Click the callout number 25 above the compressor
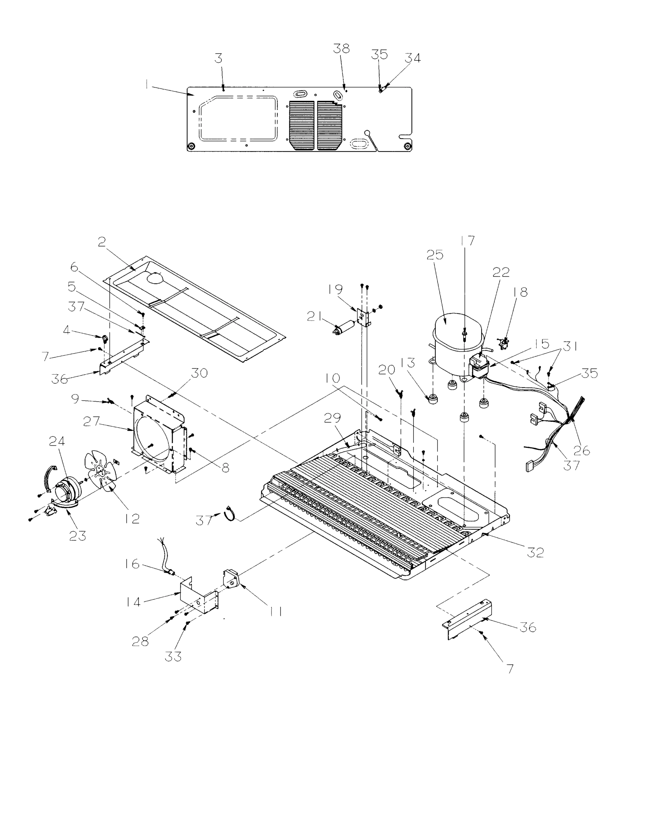tap(435, 255)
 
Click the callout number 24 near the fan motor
tap(57, 441)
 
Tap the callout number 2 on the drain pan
tap(101, 242)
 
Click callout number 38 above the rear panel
tap(341, 49)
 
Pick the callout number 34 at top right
tap(413, 58)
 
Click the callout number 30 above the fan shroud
tap(199, 373)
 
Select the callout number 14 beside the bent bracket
tap(133, 602)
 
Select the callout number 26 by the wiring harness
tap(582, 451)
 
